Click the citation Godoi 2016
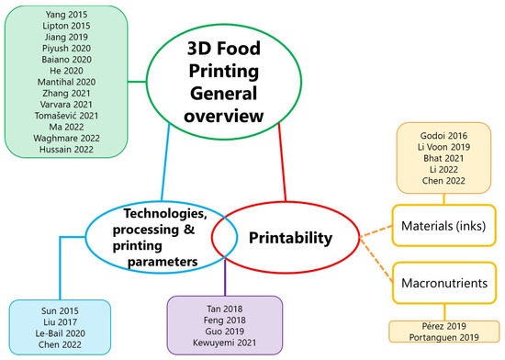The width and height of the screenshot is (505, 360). click(x=445, y=137)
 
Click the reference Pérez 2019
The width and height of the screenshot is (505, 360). click(x=445, y=327)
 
